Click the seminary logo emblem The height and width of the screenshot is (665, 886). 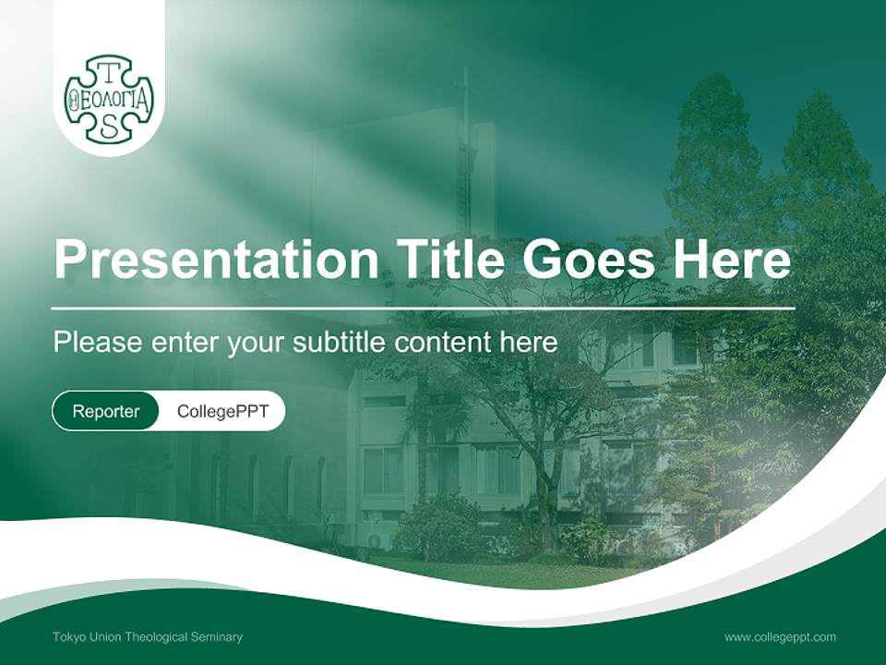tap(109, 100)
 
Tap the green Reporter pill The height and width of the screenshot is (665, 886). tap(106, 411)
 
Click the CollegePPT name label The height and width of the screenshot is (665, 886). tap(222, 411)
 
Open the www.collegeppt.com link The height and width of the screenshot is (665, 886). tap(780, 637)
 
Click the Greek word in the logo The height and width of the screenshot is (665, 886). tap(109, 100)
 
